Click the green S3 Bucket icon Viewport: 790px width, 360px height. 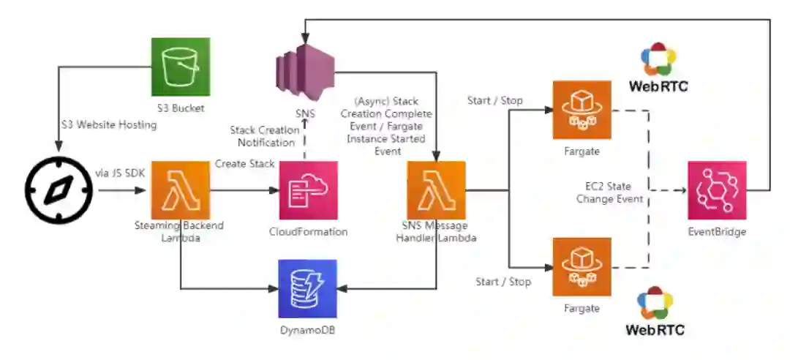coord(181,67)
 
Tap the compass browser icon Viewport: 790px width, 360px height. coord(59,190)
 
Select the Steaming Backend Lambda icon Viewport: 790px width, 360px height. coord(181,190)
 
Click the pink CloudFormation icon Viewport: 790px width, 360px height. coord(309,190)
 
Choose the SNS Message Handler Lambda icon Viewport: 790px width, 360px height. coord(436,190)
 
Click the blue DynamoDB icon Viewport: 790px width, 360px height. coord(308,289)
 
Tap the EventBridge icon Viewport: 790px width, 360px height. coord(717,190)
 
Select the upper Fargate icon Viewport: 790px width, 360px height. coord(582,110)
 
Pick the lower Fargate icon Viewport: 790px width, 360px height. coord(582,267)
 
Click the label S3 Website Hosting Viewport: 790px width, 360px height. coord(109,124)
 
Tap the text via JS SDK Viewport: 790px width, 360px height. coord(120,174)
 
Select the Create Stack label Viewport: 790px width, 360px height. coord(245,164)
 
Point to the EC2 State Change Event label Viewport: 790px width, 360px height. coord(609,192)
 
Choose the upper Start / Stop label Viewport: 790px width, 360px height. coord(494,100)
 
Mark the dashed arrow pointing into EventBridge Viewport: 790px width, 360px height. coord(668,190)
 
